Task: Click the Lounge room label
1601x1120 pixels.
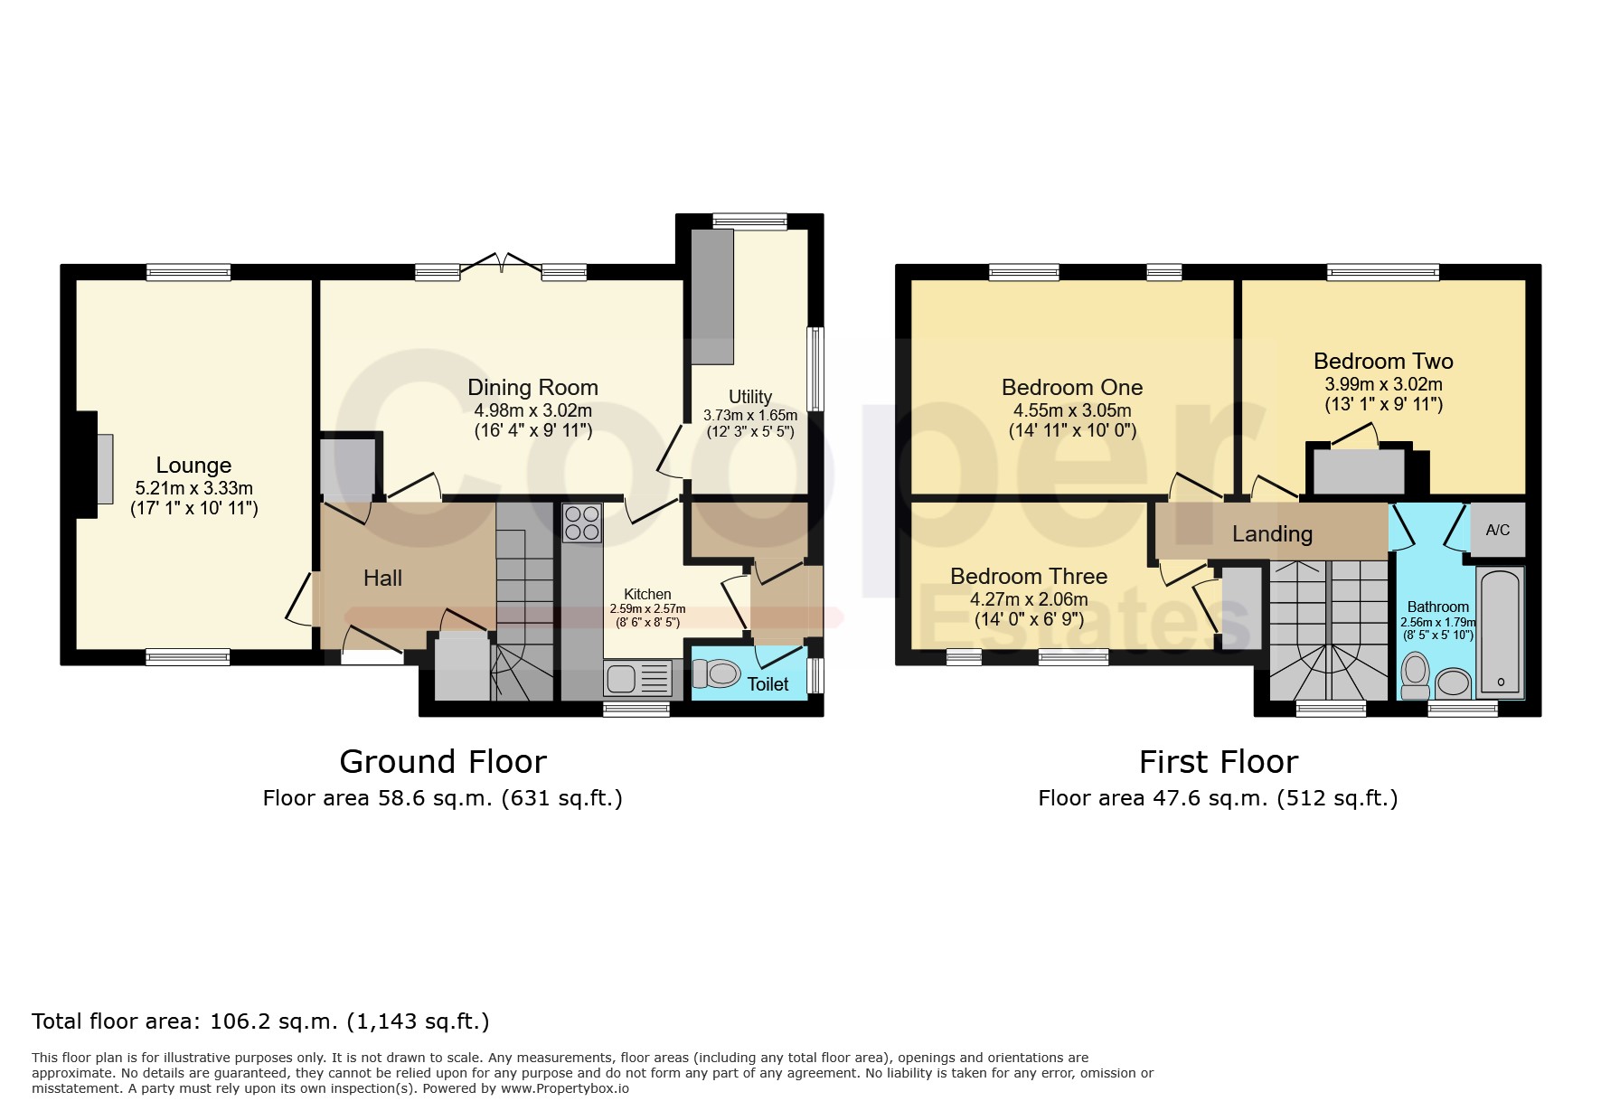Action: (x=193, y=466)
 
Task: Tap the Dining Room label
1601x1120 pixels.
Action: (x=532, y=388)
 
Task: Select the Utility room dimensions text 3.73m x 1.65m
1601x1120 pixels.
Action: (x=750, y=416)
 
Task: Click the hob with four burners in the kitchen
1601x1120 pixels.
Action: (x=582, y=522)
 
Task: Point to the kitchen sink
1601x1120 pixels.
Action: (x=638, y=677)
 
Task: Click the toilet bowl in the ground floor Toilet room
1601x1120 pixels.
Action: (x=716, y=673)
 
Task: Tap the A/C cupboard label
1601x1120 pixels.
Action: (x=1498, y=530)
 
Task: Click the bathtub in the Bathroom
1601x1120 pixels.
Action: (x=1500, y=632)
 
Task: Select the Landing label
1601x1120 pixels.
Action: (x=1272, y=534)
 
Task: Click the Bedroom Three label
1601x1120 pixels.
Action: (x=1029, y=577)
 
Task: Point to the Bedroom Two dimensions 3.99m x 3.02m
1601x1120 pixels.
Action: (x=1383, y=384)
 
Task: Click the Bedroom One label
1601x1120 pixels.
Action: (x=1072, y=388)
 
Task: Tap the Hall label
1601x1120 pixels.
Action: (x=382, y=579)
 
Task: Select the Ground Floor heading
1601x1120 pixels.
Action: (x=443, y=762)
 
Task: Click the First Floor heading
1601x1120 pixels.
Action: (x=1218, y=762)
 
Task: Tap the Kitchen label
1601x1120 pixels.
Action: (x=647, y=595)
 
